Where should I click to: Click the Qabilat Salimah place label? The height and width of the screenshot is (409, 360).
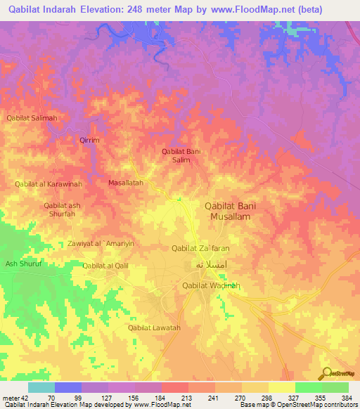click(x=32, y=118)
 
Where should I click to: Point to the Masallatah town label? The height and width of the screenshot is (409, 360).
click(x=126, y=183)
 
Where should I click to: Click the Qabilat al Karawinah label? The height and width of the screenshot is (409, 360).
click(x=49, y=184)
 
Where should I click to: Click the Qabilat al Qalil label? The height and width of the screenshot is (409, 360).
click(x=105, y=266)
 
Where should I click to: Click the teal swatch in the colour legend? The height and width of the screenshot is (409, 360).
click(x=41, y=387)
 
